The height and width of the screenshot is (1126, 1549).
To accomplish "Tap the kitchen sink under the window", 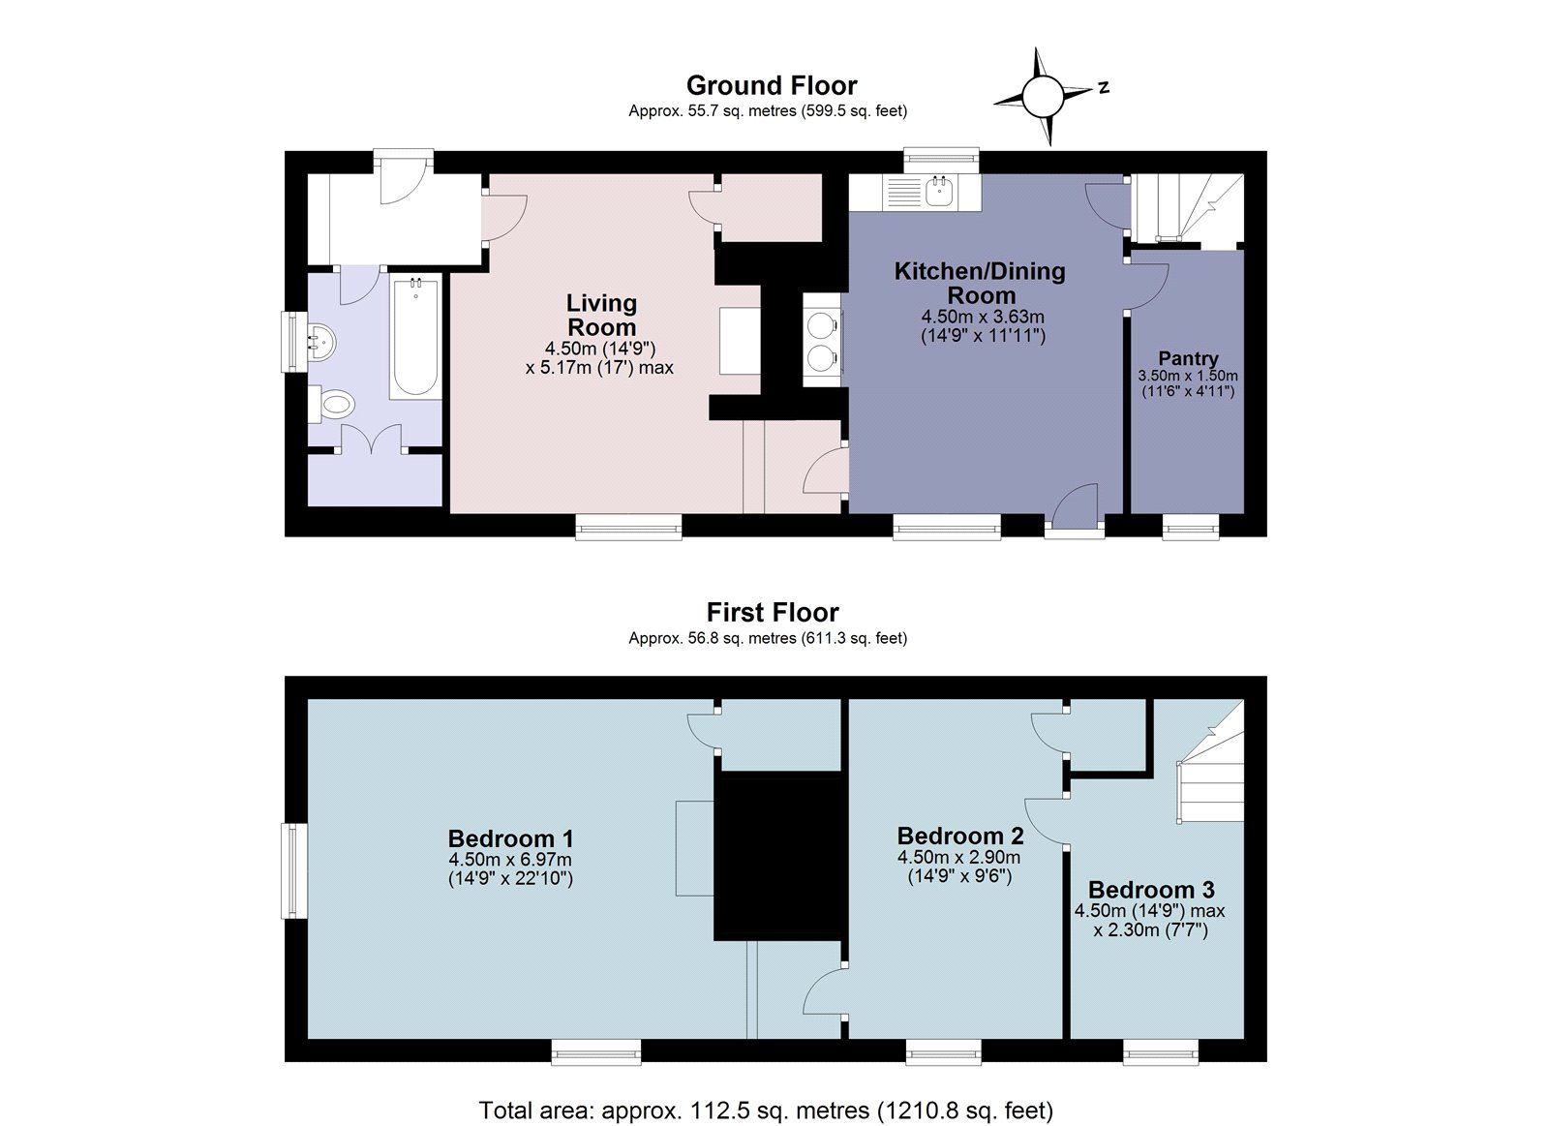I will click(x=938, y=192).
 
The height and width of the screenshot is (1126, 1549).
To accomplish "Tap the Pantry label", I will click(x=1188, y=358).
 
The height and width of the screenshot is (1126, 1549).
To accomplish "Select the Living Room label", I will click(x=601, y=315).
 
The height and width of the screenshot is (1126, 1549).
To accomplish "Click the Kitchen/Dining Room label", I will click(x=980, y=283).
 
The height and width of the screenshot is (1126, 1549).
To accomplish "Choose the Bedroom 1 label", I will click(x=510, y=838).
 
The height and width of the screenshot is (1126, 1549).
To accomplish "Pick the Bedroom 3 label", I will click(x=1150, y=890).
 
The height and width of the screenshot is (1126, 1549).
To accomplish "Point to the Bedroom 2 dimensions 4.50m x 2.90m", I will click(x=958, y=858).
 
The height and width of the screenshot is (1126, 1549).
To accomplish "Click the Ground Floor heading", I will click(x=772, y=85).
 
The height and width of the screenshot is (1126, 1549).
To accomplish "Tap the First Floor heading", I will click(x=772, y=612).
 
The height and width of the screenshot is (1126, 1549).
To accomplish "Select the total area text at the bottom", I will click(x=765, y=1110).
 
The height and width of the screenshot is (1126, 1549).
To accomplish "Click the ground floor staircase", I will click(x=1187, y=208).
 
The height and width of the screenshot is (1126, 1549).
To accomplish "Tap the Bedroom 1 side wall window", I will click(x=289, y=870).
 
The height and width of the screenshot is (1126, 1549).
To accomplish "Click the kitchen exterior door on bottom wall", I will click(x=1074, y=518).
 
